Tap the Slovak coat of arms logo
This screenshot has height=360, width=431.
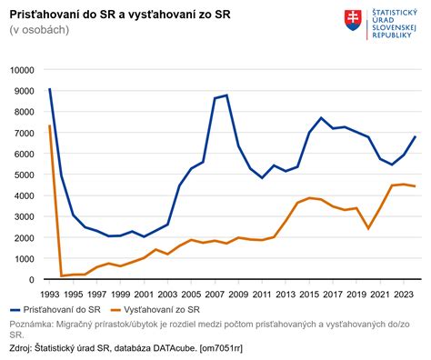click(352, 19)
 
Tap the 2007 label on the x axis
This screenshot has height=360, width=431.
click(215, 294)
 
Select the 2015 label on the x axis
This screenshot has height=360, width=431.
click(309, 294)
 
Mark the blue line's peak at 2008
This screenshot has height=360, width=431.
click(226, 95)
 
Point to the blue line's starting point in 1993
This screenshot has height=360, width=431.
click(49, 89)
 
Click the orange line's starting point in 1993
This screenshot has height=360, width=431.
click(49, 126)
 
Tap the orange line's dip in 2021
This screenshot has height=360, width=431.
click(368, 228)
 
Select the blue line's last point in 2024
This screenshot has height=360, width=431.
click(416, 136)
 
